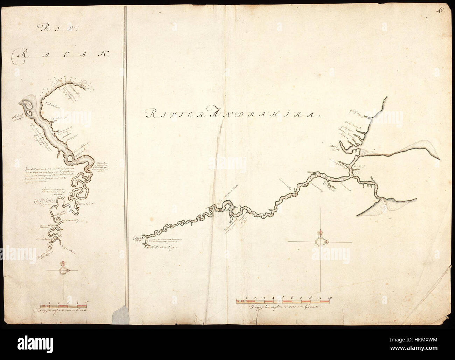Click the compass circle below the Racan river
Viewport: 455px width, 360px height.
click(63, 271)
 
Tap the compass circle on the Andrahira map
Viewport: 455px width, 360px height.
click(320, 242)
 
